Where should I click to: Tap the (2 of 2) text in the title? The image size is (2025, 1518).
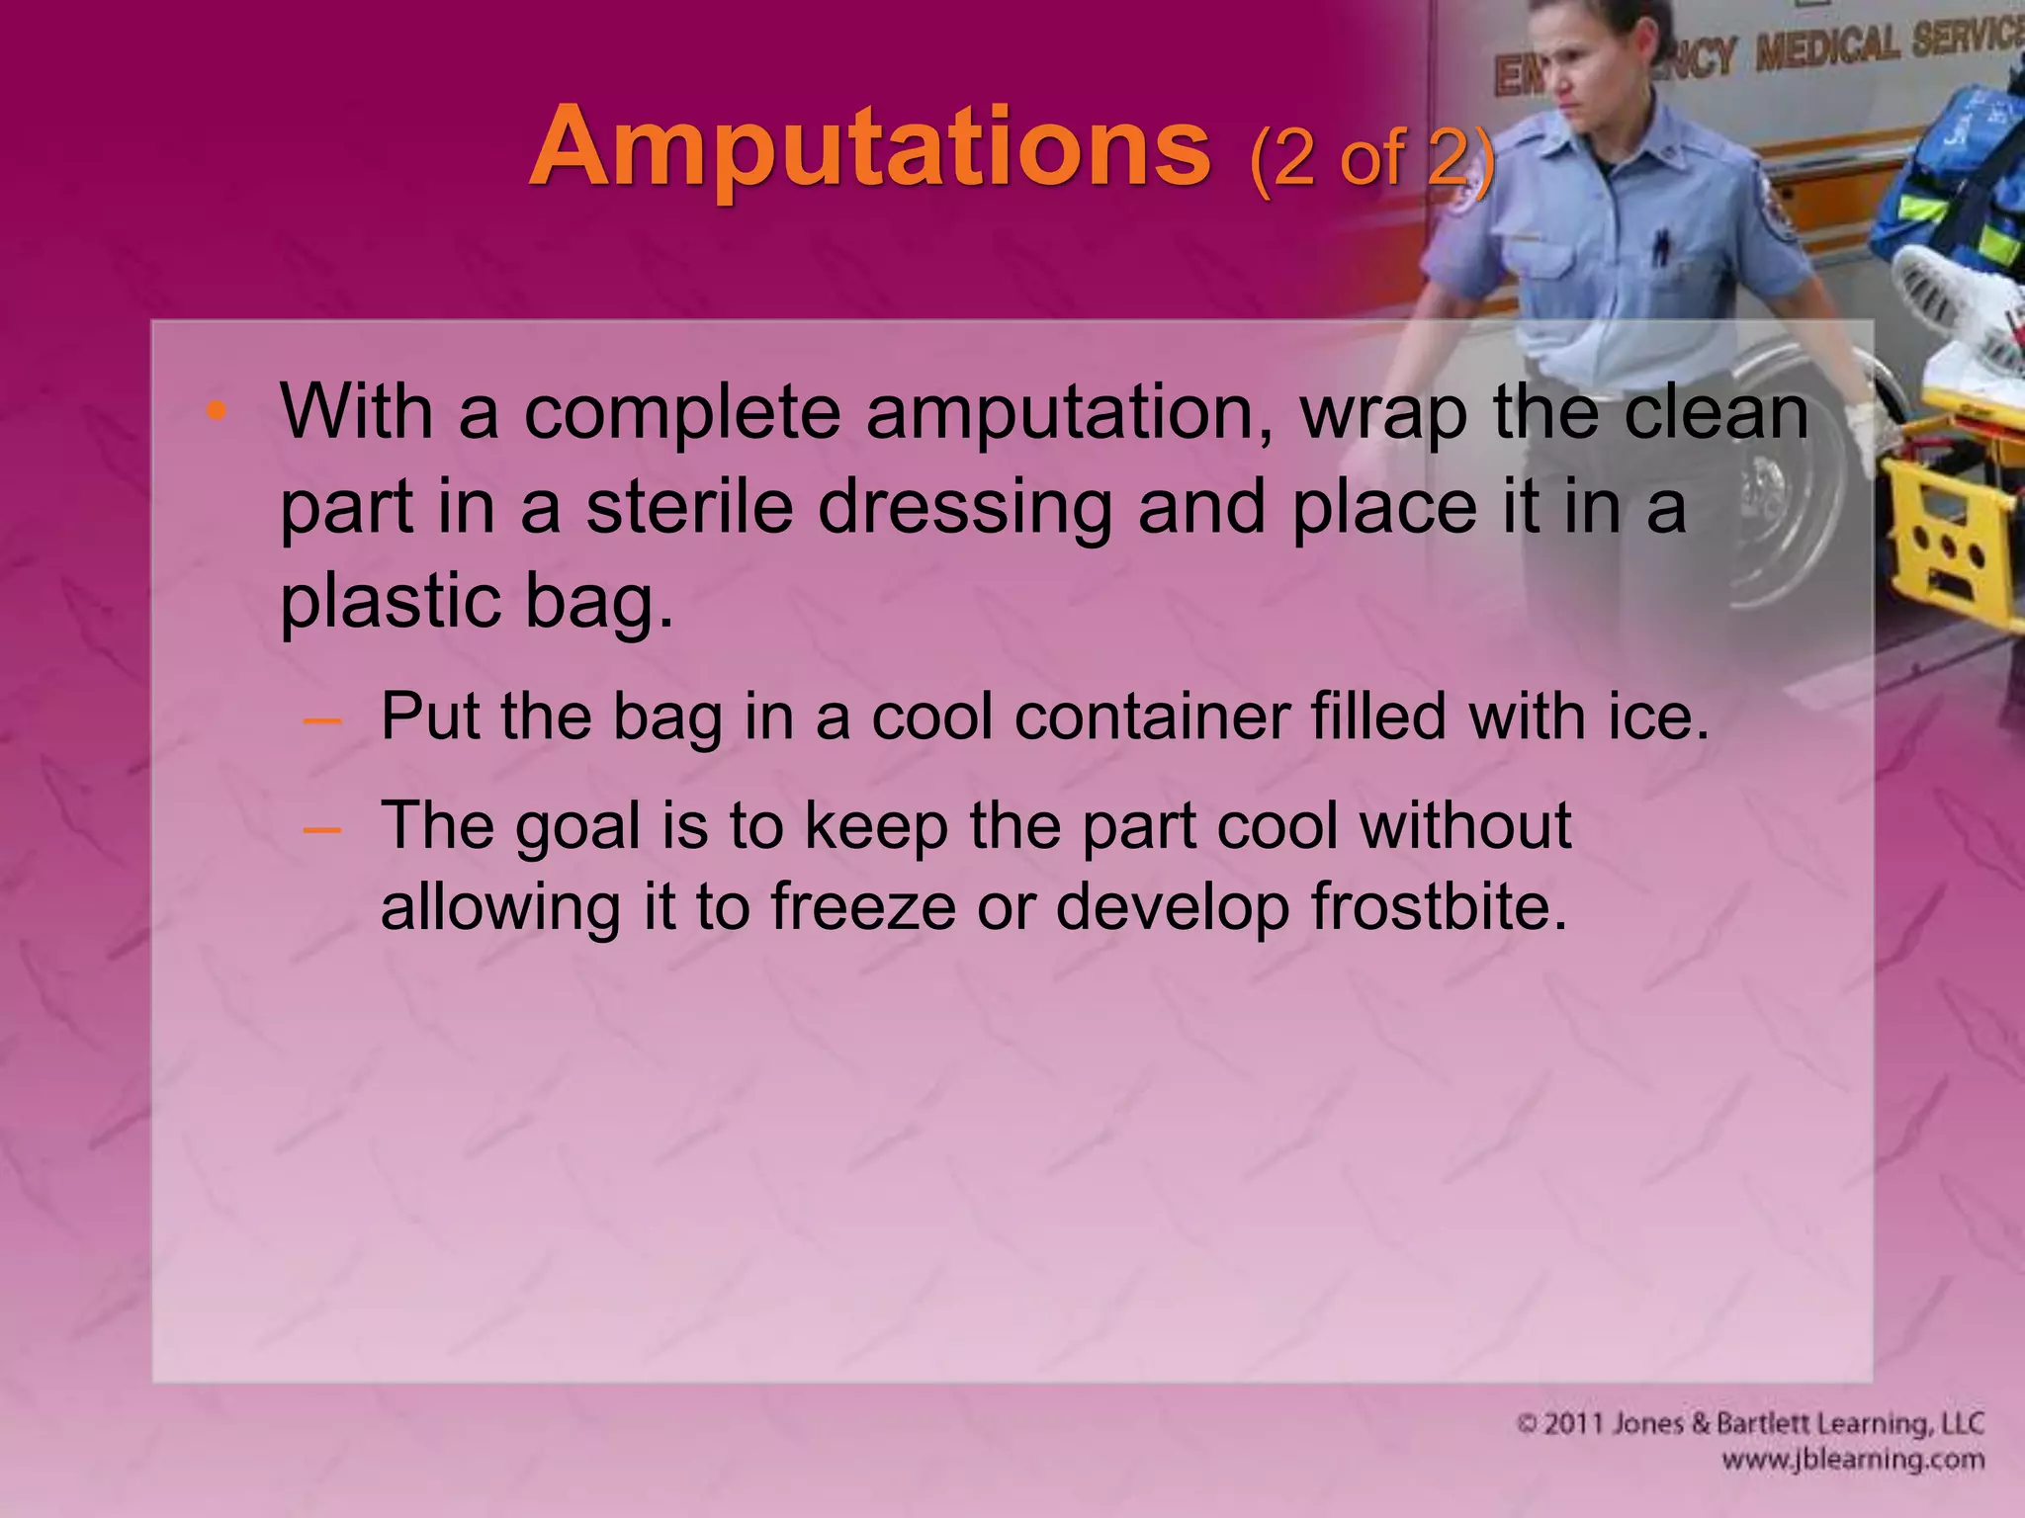point(1370,158)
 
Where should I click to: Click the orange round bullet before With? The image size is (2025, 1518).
point(218,411)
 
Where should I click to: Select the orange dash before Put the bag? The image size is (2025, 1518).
point(322,720)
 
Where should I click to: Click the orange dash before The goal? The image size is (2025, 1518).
point(322,828)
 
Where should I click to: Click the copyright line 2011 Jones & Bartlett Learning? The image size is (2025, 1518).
point(1749,1423)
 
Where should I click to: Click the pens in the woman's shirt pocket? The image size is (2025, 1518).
point(1662,243)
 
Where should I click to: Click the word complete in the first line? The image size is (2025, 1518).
point(681,412)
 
